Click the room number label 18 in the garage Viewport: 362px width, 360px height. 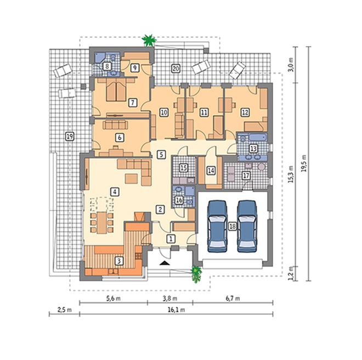pyautogui.click(x=233, y=226)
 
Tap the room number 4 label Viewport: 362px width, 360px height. pyautogui.click(x=115, y=192)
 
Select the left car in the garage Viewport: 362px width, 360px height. pyautogui.click(x=218, y=226)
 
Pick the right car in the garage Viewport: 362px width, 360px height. pyautogui.click(x=247, y=226)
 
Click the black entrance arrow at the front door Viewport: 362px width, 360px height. pyautogui.click(x=164, y=262)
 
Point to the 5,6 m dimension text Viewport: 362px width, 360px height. pyautogui.click(x=114, y=299)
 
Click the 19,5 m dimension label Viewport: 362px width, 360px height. pyautogui.click(x=304, y=163)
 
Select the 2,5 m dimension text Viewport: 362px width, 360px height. pyautogui.click(x=64, y=310)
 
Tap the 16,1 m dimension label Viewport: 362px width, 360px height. pyautogui.click(x=177, y=310)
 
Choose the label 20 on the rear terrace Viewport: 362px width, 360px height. pyautogui.click(x=176, y=69)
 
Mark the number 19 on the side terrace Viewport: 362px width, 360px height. pyautogui.click(x=70, y=136)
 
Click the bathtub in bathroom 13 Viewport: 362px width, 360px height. pyautogui.click(x=258, y=138)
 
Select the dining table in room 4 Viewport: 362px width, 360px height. pyautogui.click(x=101, y=223)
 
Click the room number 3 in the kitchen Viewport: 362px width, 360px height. pyautogui.click(x=119, y=261)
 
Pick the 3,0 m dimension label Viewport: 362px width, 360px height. pyautogui.click(x=292, y=65)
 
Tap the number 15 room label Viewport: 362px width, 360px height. pyautogui.click(x=184, y=168)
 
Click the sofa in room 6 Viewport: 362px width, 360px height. pyautogui.click(x=115, y=125)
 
